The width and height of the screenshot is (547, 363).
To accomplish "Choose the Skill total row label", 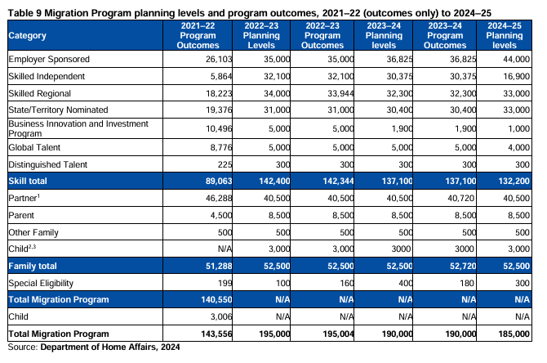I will click(x=28, y=181).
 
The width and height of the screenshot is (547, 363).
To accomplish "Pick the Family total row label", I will click(x=33, y=266).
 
